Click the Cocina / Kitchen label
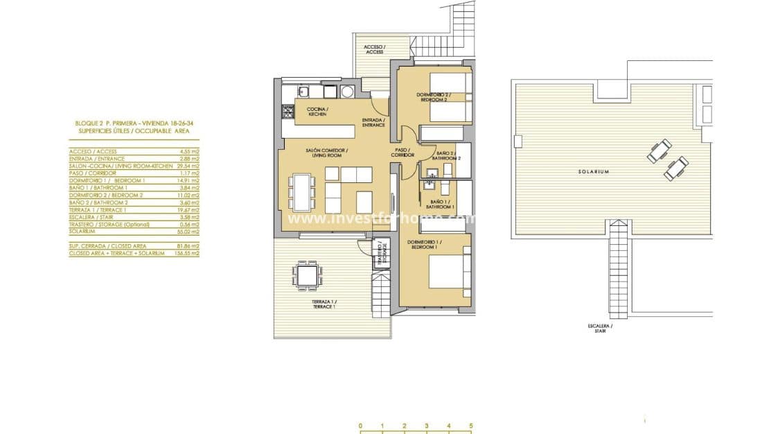317,112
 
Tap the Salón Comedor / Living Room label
327,153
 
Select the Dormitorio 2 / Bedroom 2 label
433,97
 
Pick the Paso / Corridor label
403,152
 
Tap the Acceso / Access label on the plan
374,49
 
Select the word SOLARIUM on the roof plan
594,172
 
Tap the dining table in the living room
302,191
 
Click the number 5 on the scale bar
470,426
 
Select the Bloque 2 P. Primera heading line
134,123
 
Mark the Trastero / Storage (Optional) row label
107,224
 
